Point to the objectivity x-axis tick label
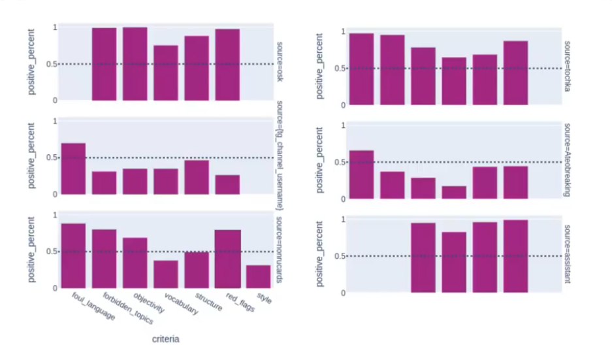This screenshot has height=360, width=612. tap(148, 302)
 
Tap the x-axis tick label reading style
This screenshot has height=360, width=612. tap(263, 299)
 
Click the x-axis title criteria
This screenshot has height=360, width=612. tap(167, 339)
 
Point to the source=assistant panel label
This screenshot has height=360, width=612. tap(566, 255)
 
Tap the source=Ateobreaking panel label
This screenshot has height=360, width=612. tap(566, 161)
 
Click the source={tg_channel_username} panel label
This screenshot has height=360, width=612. tap(279, 157)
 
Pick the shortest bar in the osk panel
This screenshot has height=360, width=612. tap(166, 73)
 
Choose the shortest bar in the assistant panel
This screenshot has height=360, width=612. tap(454, 262)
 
